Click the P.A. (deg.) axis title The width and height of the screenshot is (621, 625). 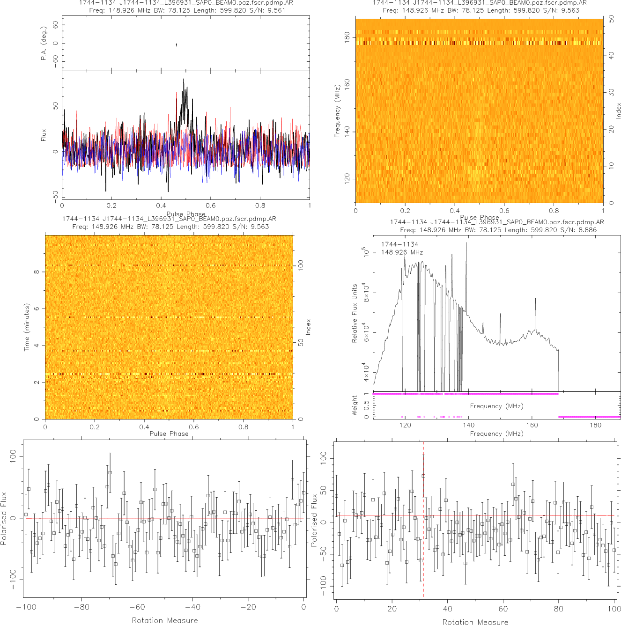click(x=44, y=43)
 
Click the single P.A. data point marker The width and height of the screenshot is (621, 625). click(x=176, y=45)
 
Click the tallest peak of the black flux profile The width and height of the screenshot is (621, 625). click(x=184, y=80)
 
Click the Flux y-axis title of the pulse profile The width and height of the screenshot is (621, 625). click(x=44, y=135)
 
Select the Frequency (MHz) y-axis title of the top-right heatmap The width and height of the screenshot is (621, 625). click(x=337, y=111)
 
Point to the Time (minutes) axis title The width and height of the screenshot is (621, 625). click(x=27, y=327)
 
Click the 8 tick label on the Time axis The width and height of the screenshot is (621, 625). click(x=37, y=272)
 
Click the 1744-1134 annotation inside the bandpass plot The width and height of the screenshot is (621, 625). click(x=399, y=244)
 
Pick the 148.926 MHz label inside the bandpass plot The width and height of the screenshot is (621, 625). click(x=402, y=252)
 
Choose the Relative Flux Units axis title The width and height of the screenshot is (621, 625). click(x=355, y=313)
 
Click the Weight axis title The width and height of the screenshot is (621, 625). click(x=355, y=405)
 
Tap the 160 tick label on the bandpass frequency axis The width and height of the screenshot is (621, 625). click(x=532, y=425)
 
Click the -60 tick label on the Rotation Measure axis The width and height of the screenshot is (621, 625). click(x=137, y=607)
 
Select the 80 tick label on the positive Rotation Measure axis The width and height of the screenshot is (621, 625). click(x=559, y=609)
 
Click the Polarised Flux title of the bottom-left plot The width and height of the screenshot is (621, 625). click(x=4, y=518)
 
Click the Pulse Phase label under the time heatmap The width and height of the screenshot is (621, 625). click(x=169, y=434)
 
